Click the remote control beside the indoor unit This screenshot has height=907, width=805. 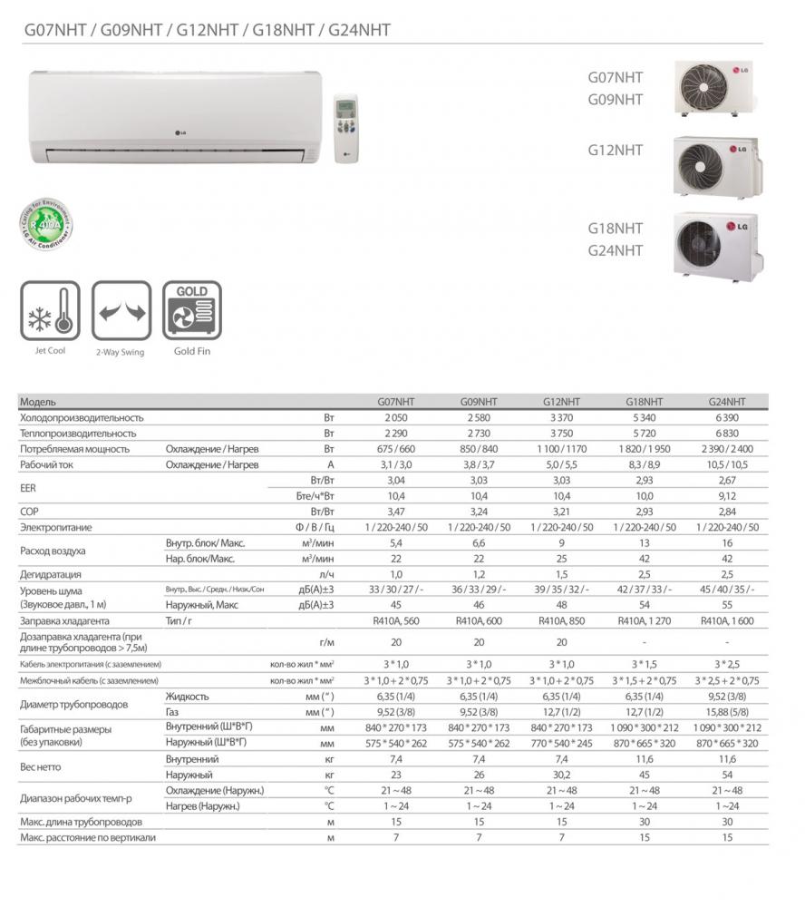tap(345, 127)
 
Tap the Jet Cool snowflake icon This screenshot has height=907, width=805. tap(51, 311)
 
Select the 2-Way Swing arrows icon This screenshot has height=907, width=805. tap(121, 311)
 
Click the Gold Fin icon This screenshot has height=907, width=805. tap(191, 311)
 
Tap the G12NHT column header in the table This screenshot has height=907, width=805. tap(562, 402)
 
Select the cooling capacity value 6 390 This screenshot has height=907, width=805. tap(725, 418)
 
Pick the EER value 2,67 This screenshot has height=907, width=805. tap(725, 480)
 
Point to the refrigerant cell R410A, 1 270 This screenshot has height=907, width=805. tap(644, 621)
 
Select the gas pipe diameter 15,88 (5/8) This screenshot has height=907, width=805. tap(725, 713)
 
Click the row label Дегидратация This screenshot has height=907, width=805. tap(51, 574)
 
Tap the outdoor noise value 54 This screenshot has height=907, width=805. tap(644, 605)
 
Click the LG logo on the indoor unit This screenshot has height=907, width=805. tap(179, 137)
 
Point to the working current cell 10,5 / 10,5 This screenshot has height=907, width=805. tap(725, 464)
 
